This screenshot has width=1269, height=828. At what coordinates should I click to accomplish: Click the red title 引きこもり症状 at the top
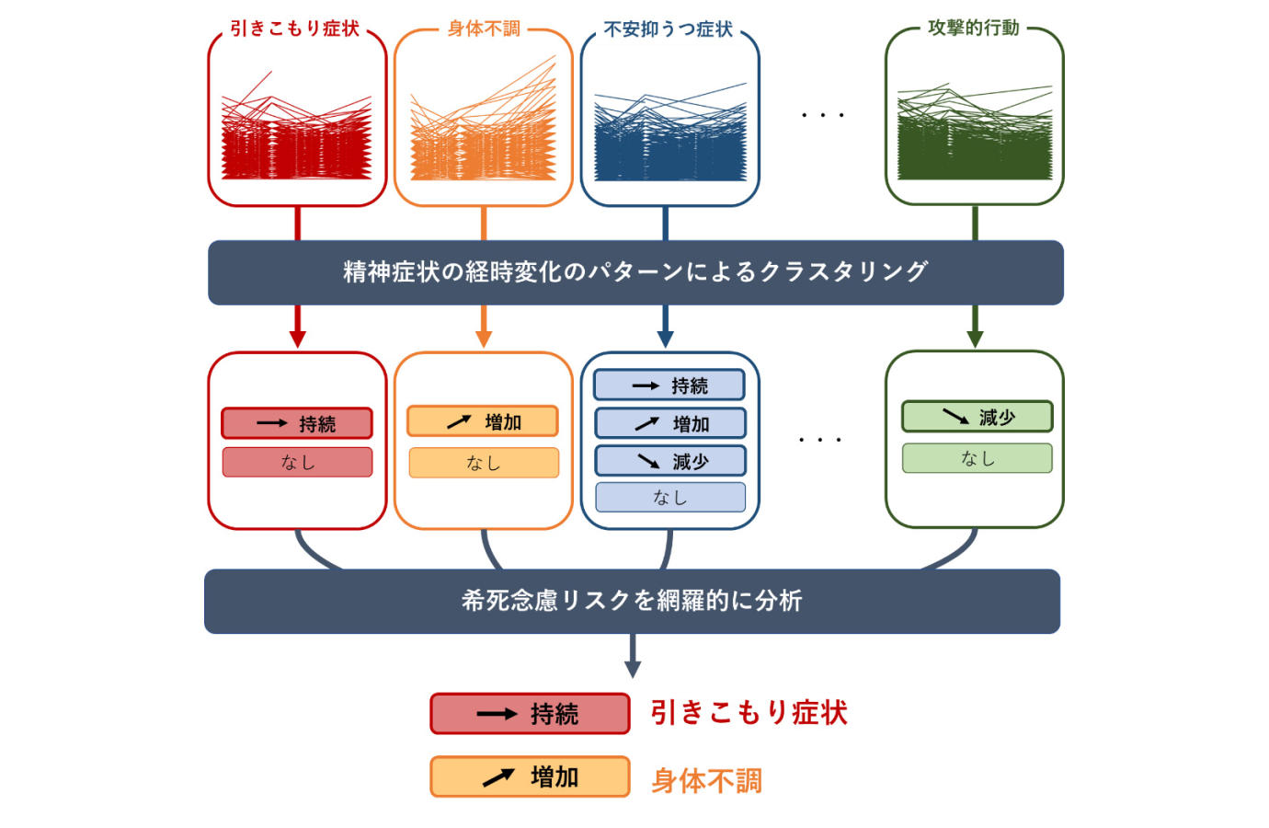294,29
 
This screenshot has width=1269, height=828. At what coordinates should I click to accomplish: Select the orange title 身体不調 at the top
484,29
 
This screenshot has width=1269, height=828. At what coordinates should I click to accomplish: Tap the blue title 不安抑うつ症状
669,29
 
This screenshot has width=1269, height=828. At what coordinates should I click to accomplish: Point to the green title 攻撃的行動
973,28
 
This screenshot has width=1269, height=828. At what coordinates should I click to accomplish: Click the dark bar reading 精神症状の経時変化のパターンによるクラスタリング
635,272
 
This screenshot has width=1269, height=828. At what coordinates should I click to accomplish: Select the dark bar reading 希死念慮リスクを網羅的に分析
633,602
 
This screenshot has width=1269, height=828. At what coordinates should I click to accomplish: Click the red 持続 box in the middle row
297,423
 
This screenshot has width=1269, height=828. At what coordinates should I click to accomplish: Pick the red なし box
297,463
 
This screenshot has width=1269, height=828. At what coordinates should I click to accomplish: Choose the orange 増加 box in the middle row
483,421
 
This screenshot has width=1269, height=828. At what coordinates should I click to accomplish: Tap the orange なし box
484,463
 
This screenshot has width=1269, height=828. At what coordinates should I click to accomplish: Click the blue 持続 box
669,385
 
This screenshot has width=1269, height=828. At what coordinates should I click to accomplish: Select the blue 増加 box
670,423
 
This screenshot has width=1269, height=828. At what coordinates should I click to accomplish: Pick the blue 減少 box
670,461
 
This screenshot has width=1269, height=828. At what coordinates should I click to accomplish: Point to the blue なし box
670,498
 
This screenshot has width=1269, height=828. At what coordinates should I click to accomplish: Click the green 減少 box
977,417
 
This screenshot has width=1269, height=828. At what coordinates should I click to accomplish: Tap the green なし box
977,458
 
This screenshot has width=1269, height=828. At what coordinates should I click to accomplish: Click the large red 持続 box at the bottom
530,714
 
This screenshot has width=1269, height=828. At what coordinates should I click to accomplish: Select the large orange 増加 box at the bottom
530,776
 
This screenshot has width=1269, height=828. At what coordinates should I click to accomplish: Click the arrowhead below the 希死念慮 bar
633,670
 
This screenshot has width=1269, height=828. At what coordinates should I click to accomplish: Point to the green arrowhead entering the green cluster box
975,339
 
